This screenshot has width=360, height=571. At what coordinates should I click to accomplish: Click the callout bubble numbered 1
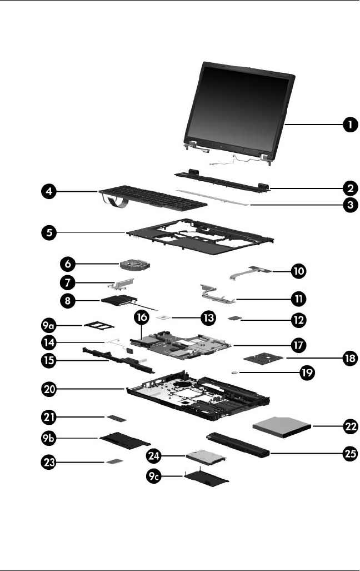coord(349,125)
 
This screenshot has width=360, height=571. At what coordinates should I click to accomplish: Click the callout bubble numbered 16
coord(142,317)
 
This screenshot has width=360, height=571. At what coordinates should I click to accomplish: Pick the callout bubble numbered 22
coord(349,427)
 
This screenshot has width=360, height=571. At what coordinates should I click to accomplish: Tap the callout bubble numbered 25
coord(349,453)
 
